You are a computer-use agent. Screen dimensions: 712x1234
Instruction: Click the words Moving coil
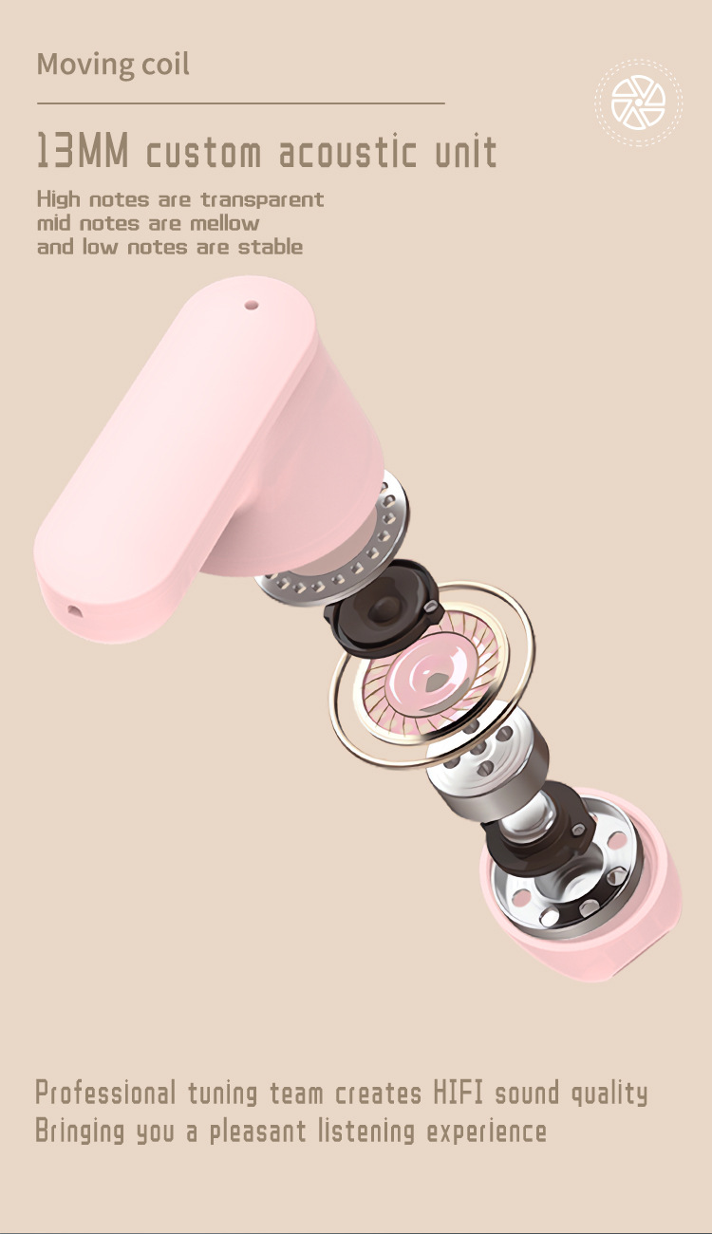point(113,65)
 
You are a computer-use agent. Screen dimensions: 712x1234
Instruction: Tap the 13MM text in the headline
point(83,150)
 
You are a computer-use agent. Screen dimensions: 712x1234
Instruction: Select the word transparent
point(262,199)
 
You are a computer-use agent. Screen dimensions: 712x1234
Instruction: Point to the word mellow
point(224,223)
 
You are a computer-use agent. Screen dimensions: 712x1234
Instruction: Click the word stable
point(270,247)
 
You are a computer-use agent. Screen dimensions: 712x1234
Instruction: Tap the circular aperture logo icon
point(638,103)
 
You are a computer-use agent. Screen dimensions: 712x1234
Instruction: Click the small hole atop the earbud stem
point(251,304)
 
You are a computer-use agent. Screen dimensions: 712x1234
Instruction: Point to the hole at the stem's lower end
point(73,610)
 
